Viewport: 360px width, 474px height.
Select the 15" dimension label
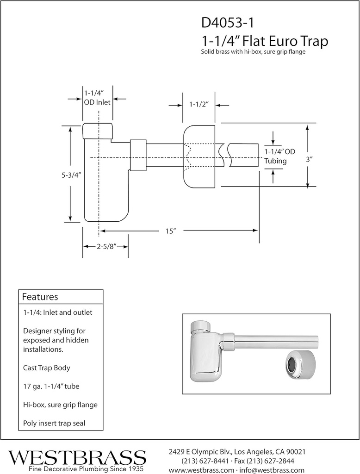click(x=172, y=231)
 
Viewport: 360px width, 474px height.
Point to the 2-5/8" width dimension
click(x=106, y=247)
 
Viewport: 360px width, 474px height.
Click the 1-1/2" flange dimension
click(x=199, y=105)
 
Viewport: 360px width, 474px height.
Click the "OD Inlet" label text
click(x=97, y=102)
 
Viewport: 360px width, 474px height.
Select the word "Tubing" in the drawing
click(x=275, y=161)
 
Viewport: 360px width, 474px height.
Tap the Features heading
click(x=40, y=297)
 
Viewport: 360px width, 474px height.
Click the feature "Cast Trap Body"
click(x=46, y=368)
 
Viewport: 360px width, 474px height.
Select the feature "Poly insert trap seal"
click(x=54, y=423)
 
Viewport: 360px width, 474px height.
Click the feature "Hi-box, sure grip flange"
click(x=60, y=405)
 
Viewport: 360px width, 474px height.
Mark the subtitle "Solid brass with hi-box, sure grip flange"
click(x=253, y=52)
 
